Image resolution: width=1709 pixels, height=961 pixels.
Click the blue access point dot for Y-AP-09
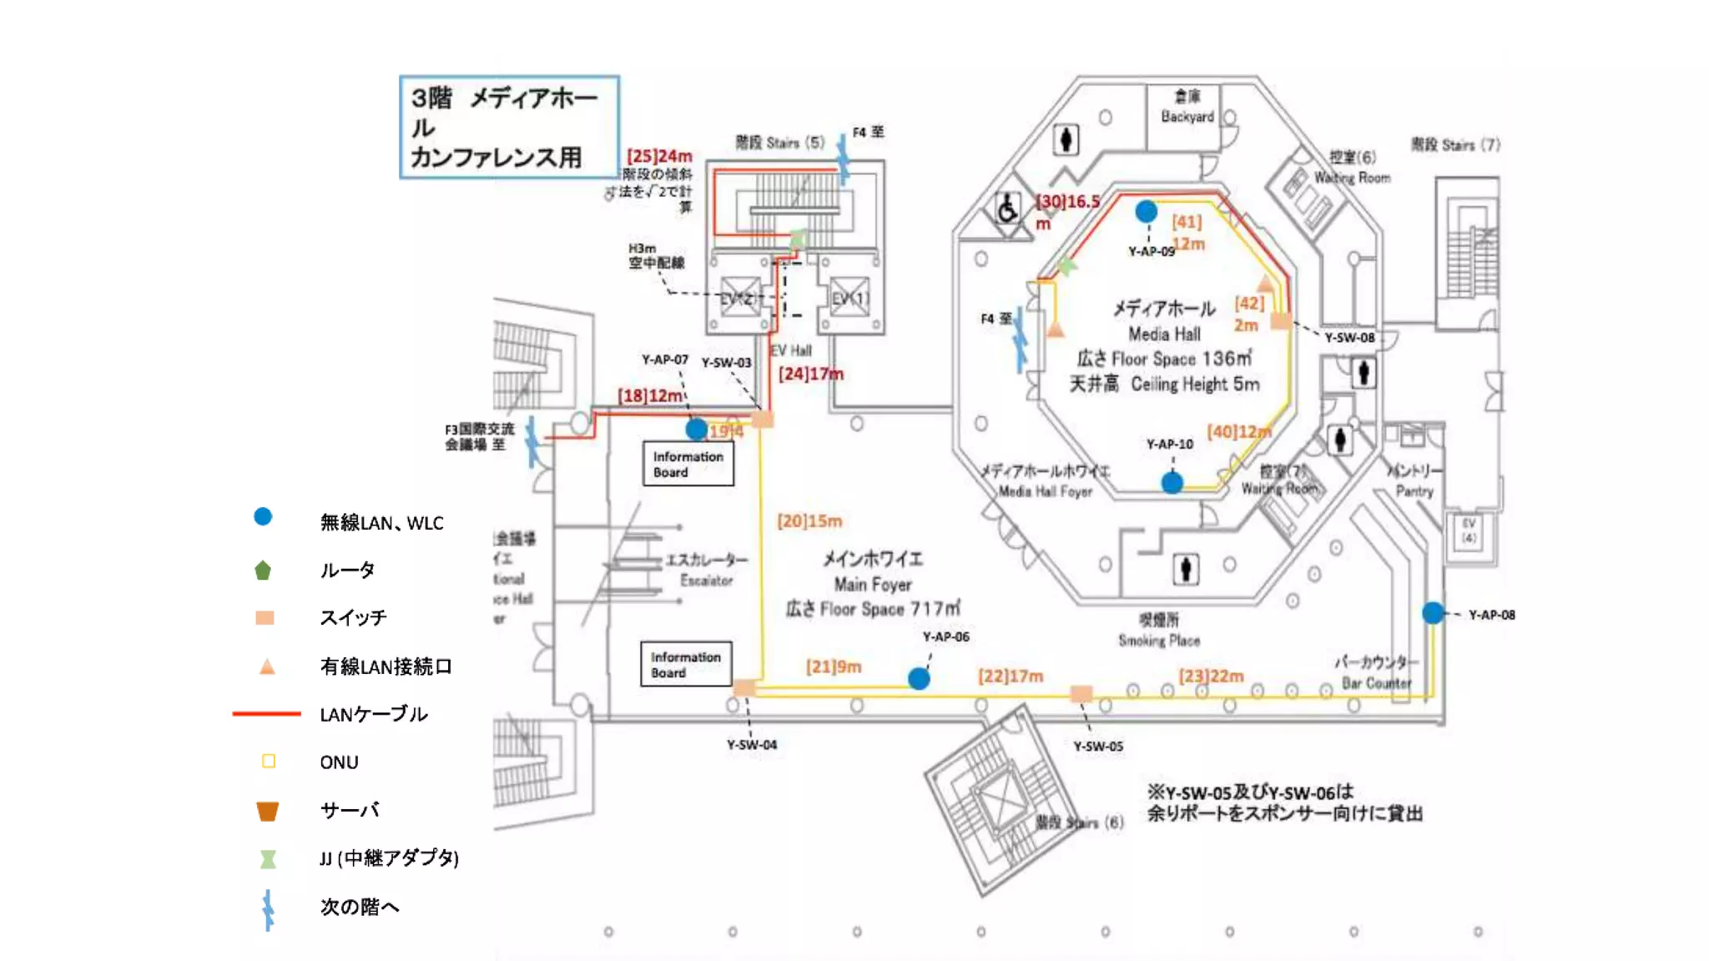pos(1147,212)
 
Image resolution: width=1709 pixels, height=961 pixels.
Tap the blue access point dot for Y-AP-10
pos(1172,482)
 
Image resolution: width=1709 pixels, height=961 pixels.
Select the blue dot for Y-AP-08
pos(1433,613)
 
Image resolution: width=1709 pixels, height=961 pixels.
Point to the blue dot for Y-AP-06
pos(919,678)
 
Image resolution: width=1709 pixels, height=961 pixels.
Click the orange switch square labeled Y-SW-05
pos(1081,693)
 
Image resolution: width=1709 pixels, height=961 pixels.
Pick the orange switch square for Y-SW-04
pos(744,687)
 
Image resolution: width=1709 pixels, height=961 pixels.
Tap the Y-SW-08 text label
pos(1349,337)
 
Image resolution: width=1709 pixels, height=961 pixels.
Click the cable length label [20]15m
pos(809,521)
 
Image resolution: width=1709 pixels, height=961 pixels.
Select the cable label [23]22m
pos(1211,675)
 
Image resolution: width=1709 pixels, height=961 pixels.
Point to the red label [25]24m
pos(659,156)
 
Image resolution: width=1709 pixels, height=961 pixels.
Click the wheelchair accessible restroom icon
pos(1007,209)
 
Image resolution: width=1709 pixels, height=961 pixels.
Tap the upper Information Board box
pos(688,464)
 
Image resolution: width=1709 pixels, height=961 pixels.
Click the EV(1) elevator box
pos(849,299)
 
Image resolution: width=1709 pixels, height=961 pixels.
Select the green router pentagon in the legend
pos(263,571)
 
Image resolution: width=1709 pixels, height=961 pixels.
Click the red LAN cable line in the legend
pos(266,713)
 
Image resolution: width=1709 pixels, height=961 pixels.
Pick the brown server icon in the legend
pos(267,811)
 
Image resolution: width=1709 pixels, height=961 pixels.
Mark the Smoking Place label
pos(1159,630)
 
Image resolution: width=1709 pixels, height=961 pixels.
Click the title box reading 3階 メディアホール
pos(509,127)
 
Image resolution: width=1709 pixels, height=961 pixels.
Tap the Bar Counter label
pos(1376,672)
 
